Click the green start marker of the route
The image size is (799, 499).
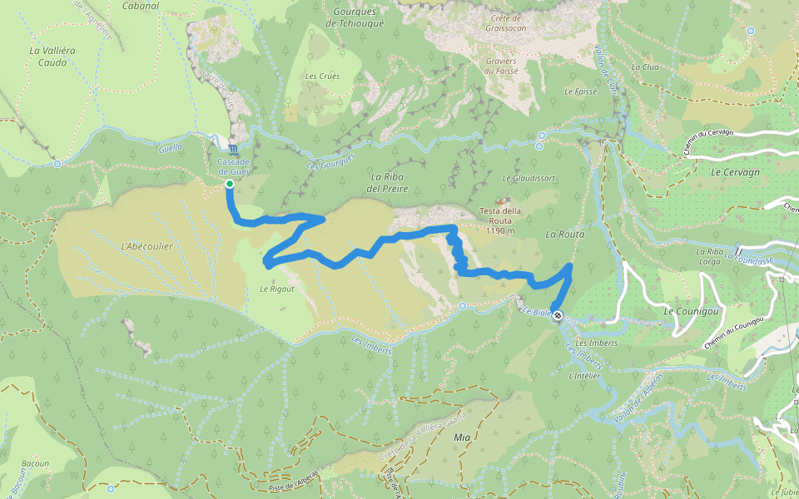click(229, 183)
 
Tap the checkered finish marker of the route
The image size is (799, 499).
click(557, 316)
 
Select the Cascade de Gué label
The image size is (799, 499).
click(233, 166)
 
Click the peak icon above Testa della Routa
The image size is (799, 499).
click(501, 200)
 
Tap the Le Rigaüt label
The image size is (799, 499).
click(274, 289)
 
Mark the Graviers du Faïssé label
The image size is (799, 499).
click(500, 66)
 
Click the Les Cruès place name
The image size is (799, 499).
click(322, 77)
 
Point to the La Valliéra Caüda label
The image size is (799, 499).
click(52, 56)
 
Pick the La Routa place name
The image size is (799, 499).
click(565, 235)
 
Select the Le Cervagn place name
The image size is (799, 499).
click(730, 172)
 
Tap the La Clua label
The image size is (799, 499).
click(645, 67)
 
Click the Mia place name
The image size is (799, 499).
click(462, 437)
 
